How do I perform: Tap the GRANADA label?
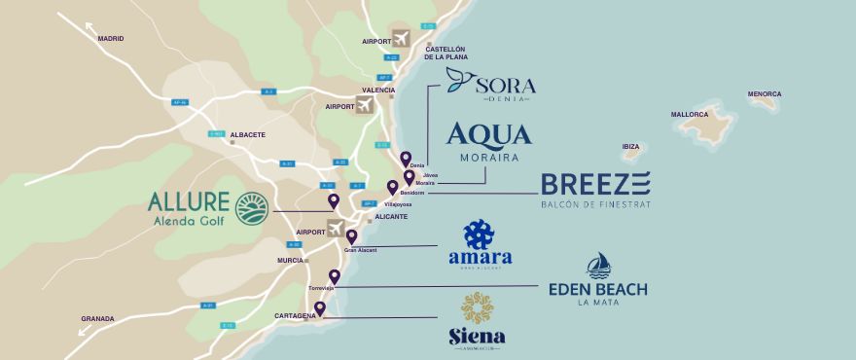(97, 318)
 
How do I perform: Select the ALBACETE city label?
(247, 135)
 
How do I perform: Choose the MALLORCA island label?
(689, 114)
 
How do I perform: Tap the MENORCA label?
(764, 94)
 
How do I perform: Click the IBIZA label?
(630, 146)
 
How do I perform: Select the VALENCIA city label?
(378, 90)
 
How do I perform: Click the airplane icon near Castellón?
(401, 39)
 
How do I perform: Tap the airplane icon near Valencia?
(365, 104)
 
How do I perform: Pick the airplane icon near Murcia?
(336, 230)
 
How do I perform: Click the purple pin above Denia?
(406, 158)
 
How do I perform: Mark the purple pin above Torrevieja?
(335, 276)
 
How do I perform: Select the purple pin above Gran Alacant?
(351, 236)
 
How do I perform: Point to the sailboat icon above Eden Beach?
(598, 266)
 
